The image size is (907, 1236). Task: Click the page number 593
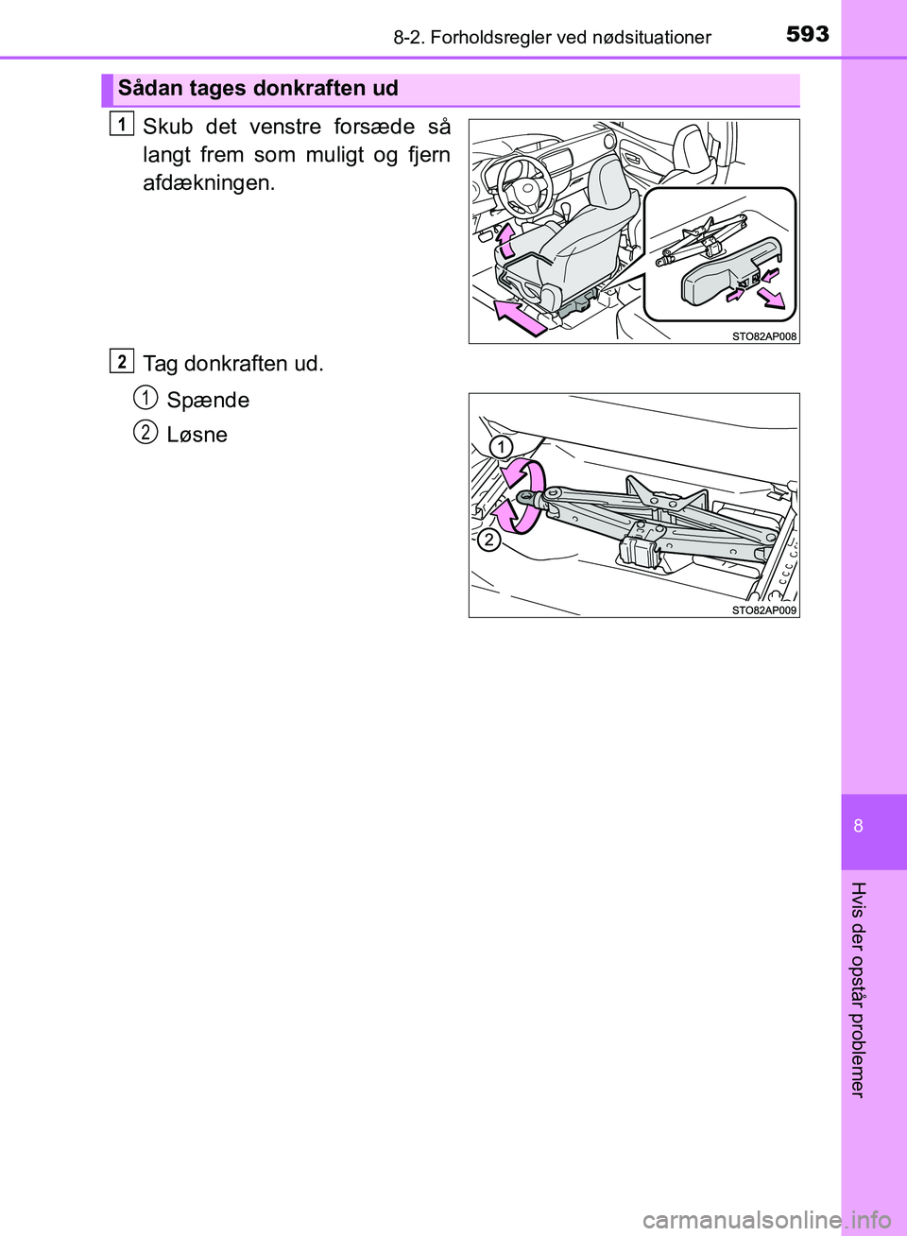807,34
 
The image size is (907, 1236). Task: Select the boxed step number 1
121,123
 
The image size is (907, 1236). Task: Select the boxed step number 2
121,360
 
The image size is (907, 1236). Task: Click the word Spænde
208,401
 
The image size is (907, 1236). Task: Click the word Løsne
197,435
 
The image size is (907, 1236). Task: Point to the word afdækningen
209,183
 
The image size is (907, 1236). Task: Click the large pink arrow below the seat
519,317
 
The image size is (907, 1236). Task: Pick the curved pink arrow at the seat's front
507,239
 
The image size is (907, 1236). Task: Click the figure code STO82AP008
763,336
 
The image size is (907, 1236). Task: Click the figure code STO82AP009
763,610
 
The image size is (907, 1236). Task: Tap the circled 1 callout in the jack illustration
501,446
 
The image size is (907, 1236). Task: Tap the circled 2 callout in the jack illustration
488,540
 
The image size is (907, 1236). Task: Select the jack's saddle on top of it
666,495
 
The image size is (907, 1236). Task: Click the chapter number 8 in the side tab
858,826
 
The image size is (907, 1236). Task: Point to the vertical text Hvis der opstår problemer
858,988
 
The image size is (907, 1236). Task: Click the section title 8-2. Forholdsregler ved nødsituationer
553,38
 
